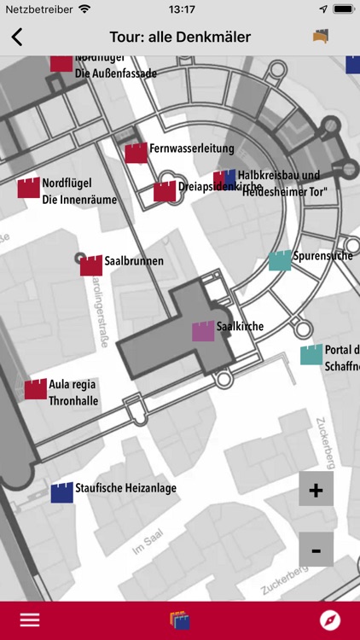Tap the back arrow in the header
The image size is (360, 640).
point(17,37)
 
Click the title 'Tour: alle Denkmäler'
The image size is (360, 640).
point(180,37)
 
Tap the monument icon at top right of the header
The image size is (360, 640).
point(321,37)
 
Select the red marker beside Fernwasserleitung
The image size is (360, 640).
point(136,153)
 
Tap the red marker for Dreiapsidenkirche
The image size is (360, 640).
point(165,192)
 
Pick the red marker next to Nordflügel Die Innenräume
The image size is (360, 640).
point(28,188)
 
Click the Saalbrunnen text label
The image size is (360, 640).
point(134,260)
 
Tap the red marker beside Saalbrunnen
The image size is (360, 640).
point(91,265)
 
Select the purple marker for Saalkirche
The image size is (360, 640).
point(203,331)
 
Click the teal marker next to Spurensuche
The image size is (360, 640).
point(280,260)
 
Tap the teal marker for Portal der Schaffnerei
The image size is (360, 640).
point(311,354)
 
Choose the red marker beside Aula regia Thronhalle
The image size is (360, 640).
point(35,389)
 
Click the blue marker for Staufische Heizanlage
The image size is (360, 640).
point(61,492)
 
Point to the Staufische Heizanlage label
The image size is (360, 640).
point(125,488)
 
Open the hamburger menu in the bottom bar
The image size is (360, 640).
point(30,620)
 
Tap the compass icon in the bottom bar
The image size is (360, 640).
point(329,620)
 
